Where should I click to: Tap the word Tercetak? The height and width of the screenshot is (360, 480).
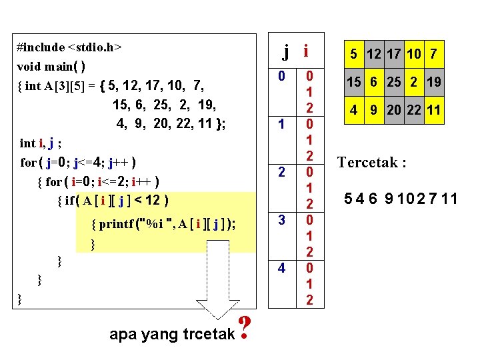pyautogui.click(x=371, y=163)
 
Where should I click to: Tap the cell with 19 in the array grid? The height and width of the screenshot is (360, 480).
pyautogui.click(x=433, y=82)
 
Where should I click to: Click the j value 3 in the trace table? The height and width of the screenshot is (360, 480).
pyautogui.click(x=281, y=219)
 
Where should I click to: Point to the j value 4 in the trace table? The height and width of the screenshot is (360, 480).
pyautogui.click(x=281, y=268)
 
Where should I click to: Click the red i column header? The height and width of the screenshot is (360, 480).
pyautogui.click(x=306, y=51)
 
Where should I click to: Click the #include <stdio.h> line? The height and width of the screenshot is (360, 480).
pyautogui.click(x=69, y=47)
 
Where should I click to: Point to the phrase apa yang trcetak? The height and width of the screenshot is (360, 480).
pyautogui.click(x=171, y=333)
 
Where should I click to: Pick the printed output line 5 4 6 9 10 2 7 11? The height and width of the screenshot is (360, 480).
pyautogui.click(x=401, y=198)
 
